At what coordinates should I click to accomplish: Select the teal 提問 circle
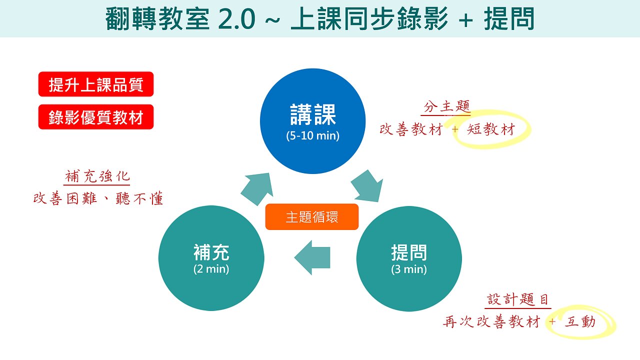click(x=409, y=259)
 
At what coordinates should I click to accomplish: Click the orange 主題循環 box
click(x=312, y=217)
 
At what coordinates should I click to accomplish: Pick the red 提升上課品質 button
click(x=96, y=84)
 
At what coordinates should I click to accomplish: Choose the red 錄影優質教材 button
click(x=96, y=117)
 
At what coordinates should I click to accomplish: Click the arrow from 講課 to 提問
click(x=367, y=185)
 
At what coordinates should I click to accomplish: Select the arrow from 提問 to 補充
click(x=312, y=257)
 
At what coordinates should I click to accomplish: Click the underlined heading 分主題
click(x=446, y=107)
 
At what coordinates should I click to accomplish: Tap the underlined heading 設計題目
click(x=518, y=299)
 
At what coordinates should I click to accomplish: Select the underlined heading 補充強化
click(x=97, y=176)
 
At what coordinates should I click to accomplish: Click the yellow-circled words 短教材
click(x=490, y=130)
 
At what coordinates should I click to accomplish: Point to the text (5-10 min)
click(x=313, y=135)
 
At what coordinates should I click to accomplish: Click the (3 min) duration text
click(x=409, y=269)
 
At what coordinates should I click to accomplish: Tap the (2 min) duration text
click(x=211, y=269)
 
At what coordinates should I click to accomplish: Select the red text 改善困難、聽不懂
click(x=98, y=198)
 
